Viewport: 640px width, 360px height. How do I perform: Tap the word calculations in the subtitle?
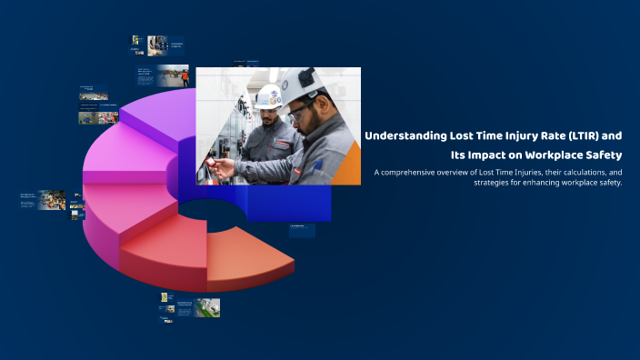point(574,172)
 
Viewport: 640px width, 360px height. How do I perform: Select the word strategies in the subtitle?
point(494,183)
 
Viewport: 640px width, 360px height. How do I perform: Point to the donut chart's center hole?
point(205,213)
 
